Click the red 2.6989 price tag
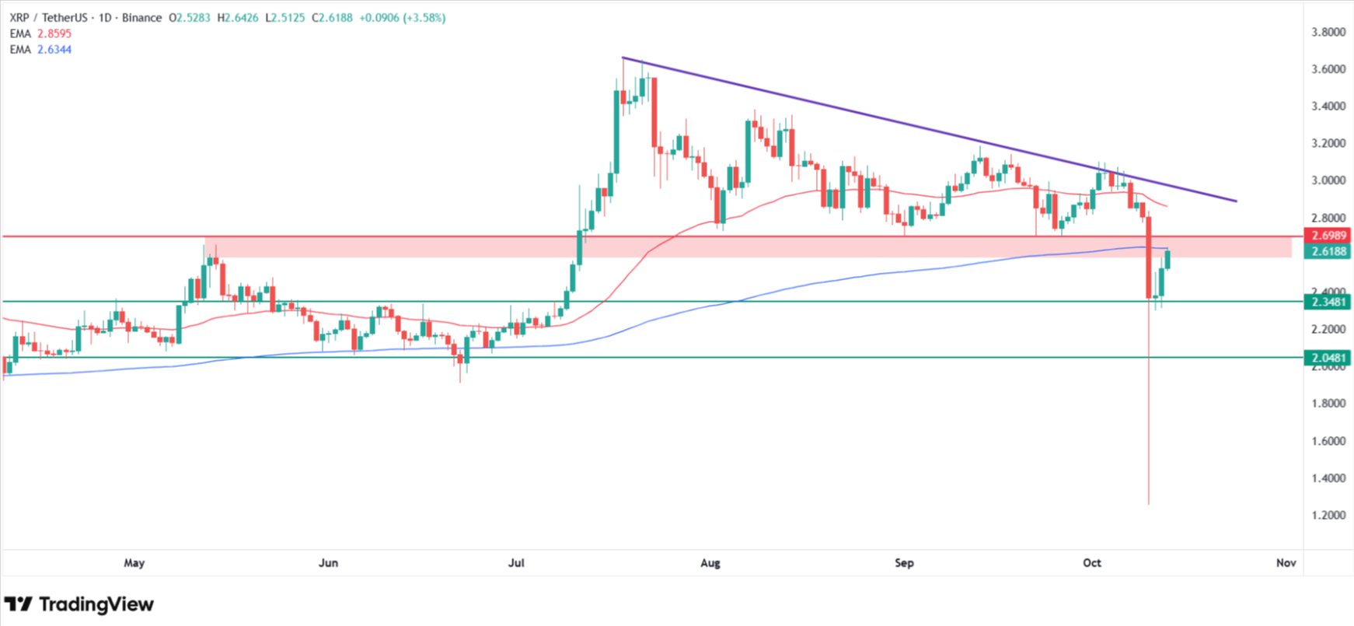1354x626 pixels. coord(1328,236)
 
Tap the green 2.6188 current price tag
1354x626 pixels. coord(1328,251)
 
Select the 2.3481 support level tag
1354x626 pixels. coord(1328,302)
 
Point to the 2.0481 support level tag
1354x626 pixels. coord(1328,358)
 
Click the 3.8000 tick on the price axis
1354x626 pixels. coord(1328,32)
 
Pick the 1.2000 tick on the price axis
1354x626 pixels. coord(1328,515)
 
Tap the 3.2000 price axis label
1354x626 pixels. coord(1328,143)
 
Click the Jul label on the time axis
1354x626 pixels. coord(516,562)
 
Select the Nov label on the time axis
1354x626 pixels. coord(1286,562)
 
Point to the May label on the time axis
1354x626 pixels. coord(134,562)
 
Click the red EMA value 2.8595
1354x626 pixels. coord(54,33)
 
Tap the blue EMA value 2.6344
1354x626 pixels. coord(54,49)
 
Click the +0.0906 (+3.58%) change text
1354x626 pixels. coord(402,17)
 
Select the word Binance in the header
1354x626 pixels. coord(142,17)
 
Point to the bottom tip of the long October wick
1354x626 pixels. coord(1149,504)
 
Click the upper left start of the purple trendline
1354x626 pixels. coord(623,58)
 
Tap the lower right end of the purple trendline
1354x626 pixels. coord(1236,201)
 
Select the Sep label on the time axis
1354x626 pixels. coord(904,562)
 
